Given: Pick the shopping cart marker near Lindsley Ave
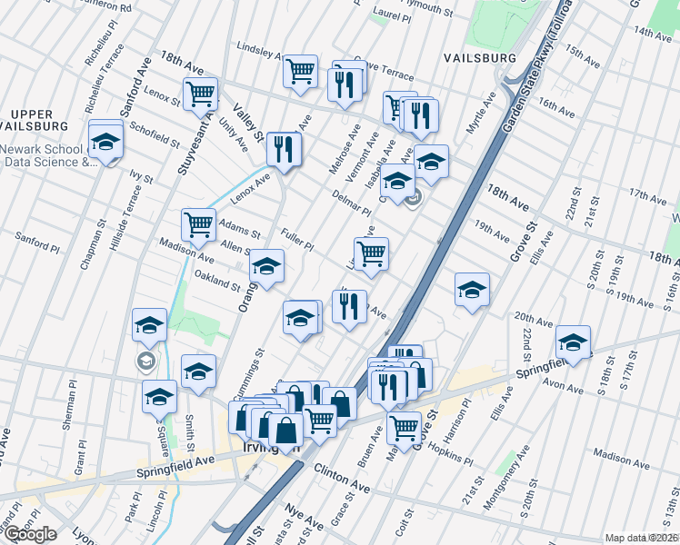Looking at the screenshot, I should [x=299, y=71].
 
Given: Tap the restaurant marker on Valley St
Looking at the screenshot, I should [x=284, y=148].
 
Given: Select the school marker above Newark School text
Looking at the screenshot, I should [x=105, y=141].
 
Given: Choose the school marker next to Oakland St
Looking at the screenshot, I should [x=266, y=265].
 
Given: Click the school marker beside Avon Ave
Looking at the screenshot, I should [x=573, y=342].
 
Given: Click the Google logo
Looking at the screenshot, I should [x=30, y=534].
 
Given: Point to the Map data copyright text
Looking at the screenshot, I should [x=641, y=538].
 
